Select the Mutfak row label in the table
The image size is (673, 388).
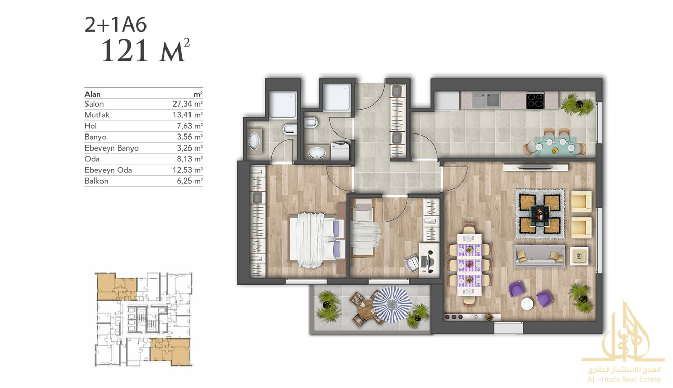click(x=97, y=115)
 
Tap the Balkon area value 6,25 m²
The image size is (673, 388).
click(x=189, y=181)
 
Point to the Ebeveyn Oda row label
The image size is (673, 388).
click(x=108, y=170)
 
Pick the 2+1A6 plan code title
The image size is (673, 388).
click(x=115, y=24)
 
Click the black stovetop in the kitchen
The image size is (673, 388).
click(x=535, y=100)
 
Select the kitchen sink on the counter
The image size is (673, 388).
click(x=486, y=100)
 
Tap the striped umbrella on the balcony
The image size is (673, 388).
click(x=392, y=304)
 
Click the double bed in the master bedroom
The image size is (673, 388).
click(x=316, y=240)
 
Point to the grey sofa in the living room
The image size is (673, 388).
click(x=539, y=256)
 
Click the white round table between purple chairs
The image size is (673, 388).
click(x=527, y=304)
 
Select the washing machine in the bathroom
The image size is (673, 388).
click(x=340, y=151)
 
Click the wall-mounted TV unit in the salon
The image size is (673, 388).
click(x=536, y=167)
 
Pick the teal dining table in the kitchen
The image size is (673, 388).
click(x=555, y=147)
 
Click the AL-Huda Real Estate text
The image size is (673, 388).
click(x=624, y=379)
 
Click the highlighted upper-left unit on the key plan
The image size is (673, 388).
click(x=116, y=287)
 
